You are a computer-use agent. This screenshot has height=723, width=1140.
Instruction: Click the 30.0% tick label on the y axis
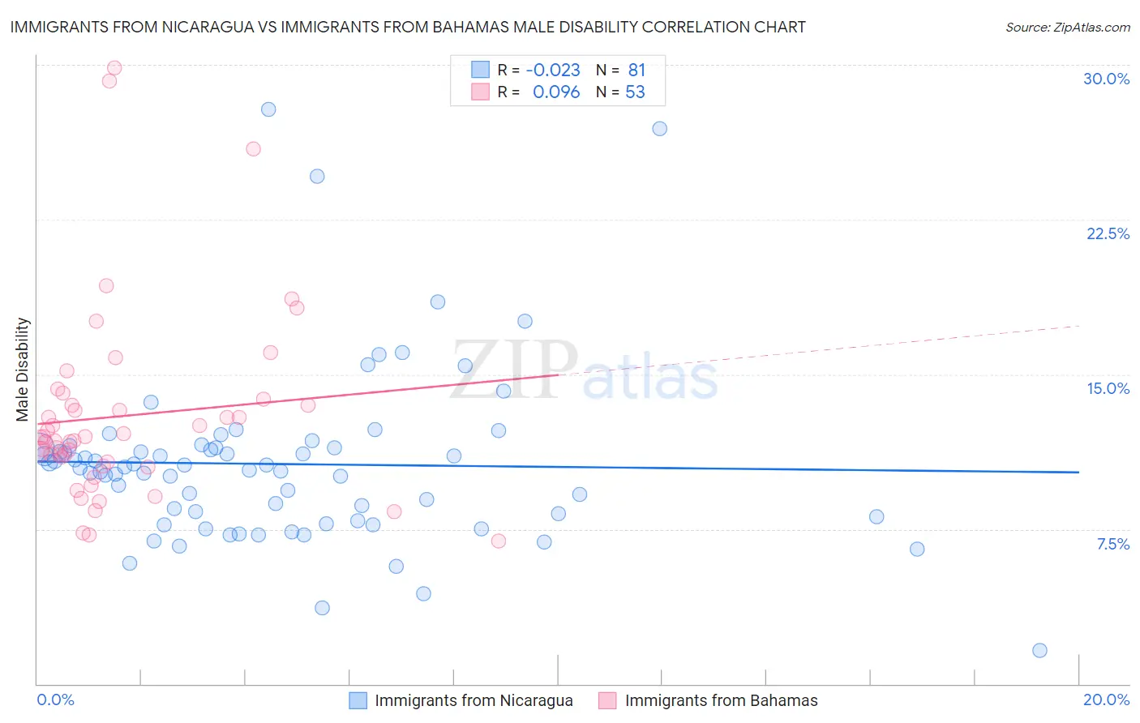pyautogui.click(x=1106, y=79)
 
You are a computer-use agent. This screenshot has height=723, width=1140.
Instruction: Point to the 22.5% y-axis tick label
pyautogui.click(x=1108, y=233)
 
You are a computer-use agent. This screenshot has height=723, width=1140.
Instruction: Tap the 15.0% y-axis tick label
pyautogui.click(x=1108, y=388)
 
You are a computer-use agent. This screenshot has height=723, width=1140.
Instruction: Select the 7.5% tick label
pyautogui.click(x=1112, y=544)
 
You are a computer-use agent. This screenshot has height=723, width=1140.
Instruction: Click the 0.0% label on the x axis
pyautogui.click(x=55, y=699)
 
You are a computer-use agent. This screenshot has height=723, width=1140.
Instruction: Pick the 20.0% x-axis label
pyautogui.click(x=1106, y=699)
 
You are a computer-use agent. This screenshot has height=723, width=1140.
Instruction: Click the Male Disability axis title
pyautogui.click(x=23, y=369)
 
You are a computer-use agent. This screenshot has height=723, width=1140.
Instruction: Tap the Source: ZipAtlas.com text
pyautogui.click(x=1067, y=28)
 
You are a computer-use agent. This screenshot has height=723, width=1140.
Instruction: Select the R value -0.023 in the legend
pyautogui.click(x=553, y=71)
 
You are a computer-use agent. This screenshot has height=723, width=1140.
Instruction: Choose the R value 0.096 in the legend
pyautogui.click(x=556, y=92)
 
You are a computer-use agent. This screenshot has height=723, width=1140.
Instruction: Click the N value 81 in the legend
pyautogui.click(x=636, y=71)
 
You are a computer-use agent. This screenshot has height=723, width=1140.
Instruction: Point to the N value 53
pyautogui.click(x=635, y=92)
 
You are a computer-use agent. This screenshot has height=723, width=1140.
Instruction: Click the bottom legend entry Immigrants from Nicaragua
pyautogui.click(x=474, y=700)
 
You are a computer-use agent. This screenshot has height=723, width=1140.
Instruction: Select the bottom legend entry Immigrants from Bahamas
pyautogui.click(x=721, y=700)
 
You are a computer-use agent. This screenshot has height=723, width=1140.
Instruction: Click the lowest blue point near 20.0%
pyautogui.click(x=1039, y=650)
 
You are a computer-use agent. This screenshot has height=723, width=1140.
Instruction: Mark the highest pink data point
pyautogui.click(x=114, y=68)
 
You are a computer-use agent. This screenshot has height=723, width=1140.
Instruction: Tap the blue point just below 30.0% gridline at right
pyautogui.click(x=660, y=129)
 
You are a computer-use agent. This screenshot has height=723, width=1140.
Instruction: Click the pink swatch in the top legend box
pyautogui.click(x=480, y=92)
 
